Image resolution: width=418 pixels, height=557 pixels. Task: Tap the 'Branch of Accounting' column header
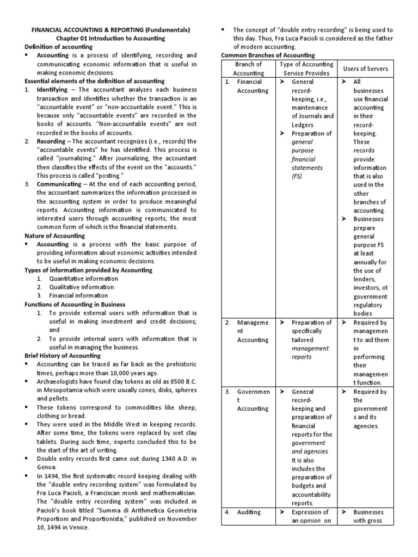248,69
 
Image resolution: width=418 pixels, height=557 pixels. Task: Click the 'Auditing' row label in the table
249,512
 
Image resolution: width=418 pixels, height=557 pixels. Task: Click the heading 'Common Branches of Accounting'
267,55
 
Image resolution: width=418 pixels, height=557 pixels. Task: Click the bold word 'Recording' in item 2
51,141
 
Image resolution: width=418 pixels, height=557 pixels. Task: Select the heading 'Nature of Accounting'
55,236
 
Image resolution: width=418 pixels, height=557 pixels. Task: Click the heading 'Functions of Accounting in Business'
75,304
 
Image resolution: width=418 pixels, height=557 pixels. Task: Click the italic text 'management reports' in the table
310,352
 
